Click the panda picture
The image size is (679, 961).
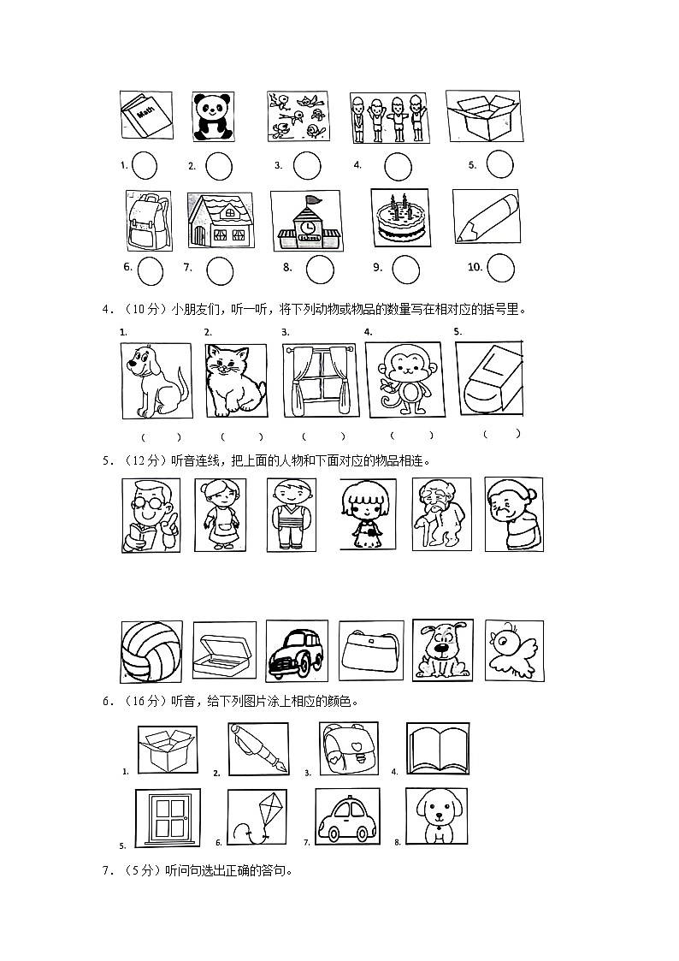pyautogui.click(x=213, y=117)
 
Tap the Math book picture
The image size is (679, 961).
pyautogui.click(x=145, y=116)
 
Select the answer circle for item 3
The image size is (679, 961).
pyautogui.click(x=307, y=166)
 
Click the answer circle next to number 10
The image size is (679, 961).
pyautogui.click(x=500, y=268)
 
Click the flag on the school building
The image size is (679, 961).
pyautogui.click(x=314, y=200)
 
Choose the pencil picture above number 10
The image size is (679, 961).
pyautogui.click(x=487, y=218)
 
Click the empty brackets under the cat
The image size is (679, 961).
pyautogui.click(x=242, y=437)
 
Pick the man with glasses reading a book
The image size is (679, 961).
pyautogui.click(x=151, y=515)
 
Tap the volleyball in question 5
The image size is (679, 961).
pyautogui.click(x=151, y=652)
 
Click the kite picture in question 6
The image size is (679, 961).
pyautogui.click(x=257, y=816)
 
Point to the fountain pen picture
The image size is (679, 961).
pyautogui.click(x=257, y=749)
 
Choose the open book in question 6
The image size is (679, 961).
pyautogui.click(x=438, y=748)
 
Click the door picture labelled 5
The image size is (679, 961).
pyautogui.click(x=167, y=818)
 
